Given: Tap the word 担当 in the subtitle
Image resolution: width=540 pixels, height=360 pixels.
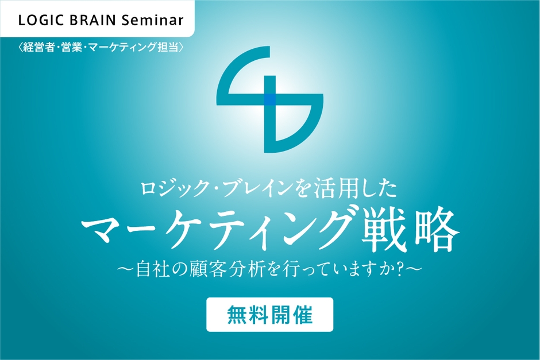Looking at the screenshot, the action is click(168, 47).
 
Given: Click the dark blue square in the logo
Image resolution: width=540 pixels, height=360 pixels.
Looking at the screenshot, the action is click(270, 99).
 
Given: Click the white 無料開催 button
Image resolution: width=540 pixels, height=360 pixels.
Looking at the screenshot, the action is click(269, 315).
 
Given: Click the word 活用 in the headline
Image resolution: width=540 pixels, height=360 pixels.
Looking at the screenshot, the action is click(333, 189).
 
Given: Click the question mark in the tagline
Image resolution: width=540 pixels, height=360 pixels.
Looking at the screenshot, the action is click(400, 269).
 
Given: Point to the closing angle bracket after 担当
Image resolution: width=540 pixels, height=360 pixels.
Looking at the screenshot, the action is click(181, 47).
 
